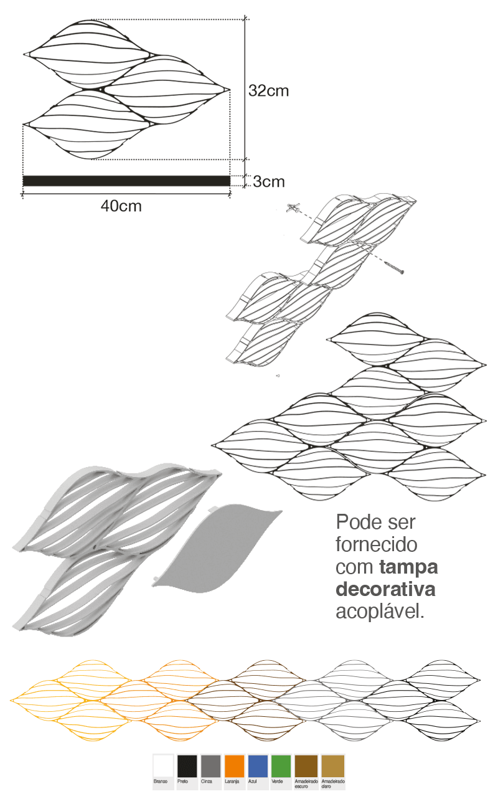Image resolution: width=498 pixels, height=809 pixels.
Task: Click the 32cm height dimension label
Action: click(x=268, y=91)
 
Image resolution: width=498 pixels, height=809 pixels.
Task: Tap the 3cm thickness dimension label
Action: click(x=269, y=182)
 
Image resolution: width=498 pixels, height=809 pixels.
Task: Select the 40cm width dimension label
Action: click(x=121, y=206)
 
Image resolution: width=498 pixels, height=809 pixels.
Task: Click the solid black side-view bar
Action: click(x=126, y=181)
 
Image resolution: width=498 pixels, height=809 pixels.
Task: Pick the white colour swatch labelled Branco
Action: click(x=163, y=766)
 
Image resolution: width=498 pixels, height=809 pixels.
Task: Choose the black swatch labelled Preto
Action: click(x=187, y=766)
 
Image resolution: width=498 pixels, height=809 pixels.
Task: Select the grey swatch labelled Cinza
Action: click(x=210, y=766)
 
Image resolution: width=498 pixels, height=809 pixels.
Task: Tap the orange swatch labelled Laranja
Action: click(x=234, y=766)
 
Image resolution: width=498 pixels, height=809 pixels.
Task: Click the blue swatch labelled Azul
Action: click(x=258, y=766)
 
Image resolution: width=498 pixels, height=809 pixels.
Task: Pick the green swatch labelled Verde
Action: click(x=281, y=766)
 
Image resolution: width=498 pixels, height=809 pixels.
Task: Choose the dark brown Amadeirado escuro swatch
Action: click(x=306, y=766)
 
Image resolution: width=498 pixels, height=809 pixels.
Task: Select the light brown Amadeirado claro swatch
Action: click(x=332, y=766)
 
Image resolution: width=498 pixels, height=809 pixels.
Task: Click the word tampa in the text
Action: click(x=408, y=568)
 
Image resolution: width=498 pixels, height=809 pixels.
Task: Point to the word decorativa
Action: click(x=385, y=589)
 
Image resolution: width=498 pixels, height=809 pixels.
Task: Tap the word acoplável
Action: click(x=380, y=612)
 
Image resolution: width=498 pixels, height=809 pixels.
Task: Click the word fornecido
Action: click(x=377, y=545)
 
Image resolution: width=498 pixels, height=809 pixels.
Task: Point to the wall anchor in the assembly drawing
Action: click(x=293, y=207)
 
